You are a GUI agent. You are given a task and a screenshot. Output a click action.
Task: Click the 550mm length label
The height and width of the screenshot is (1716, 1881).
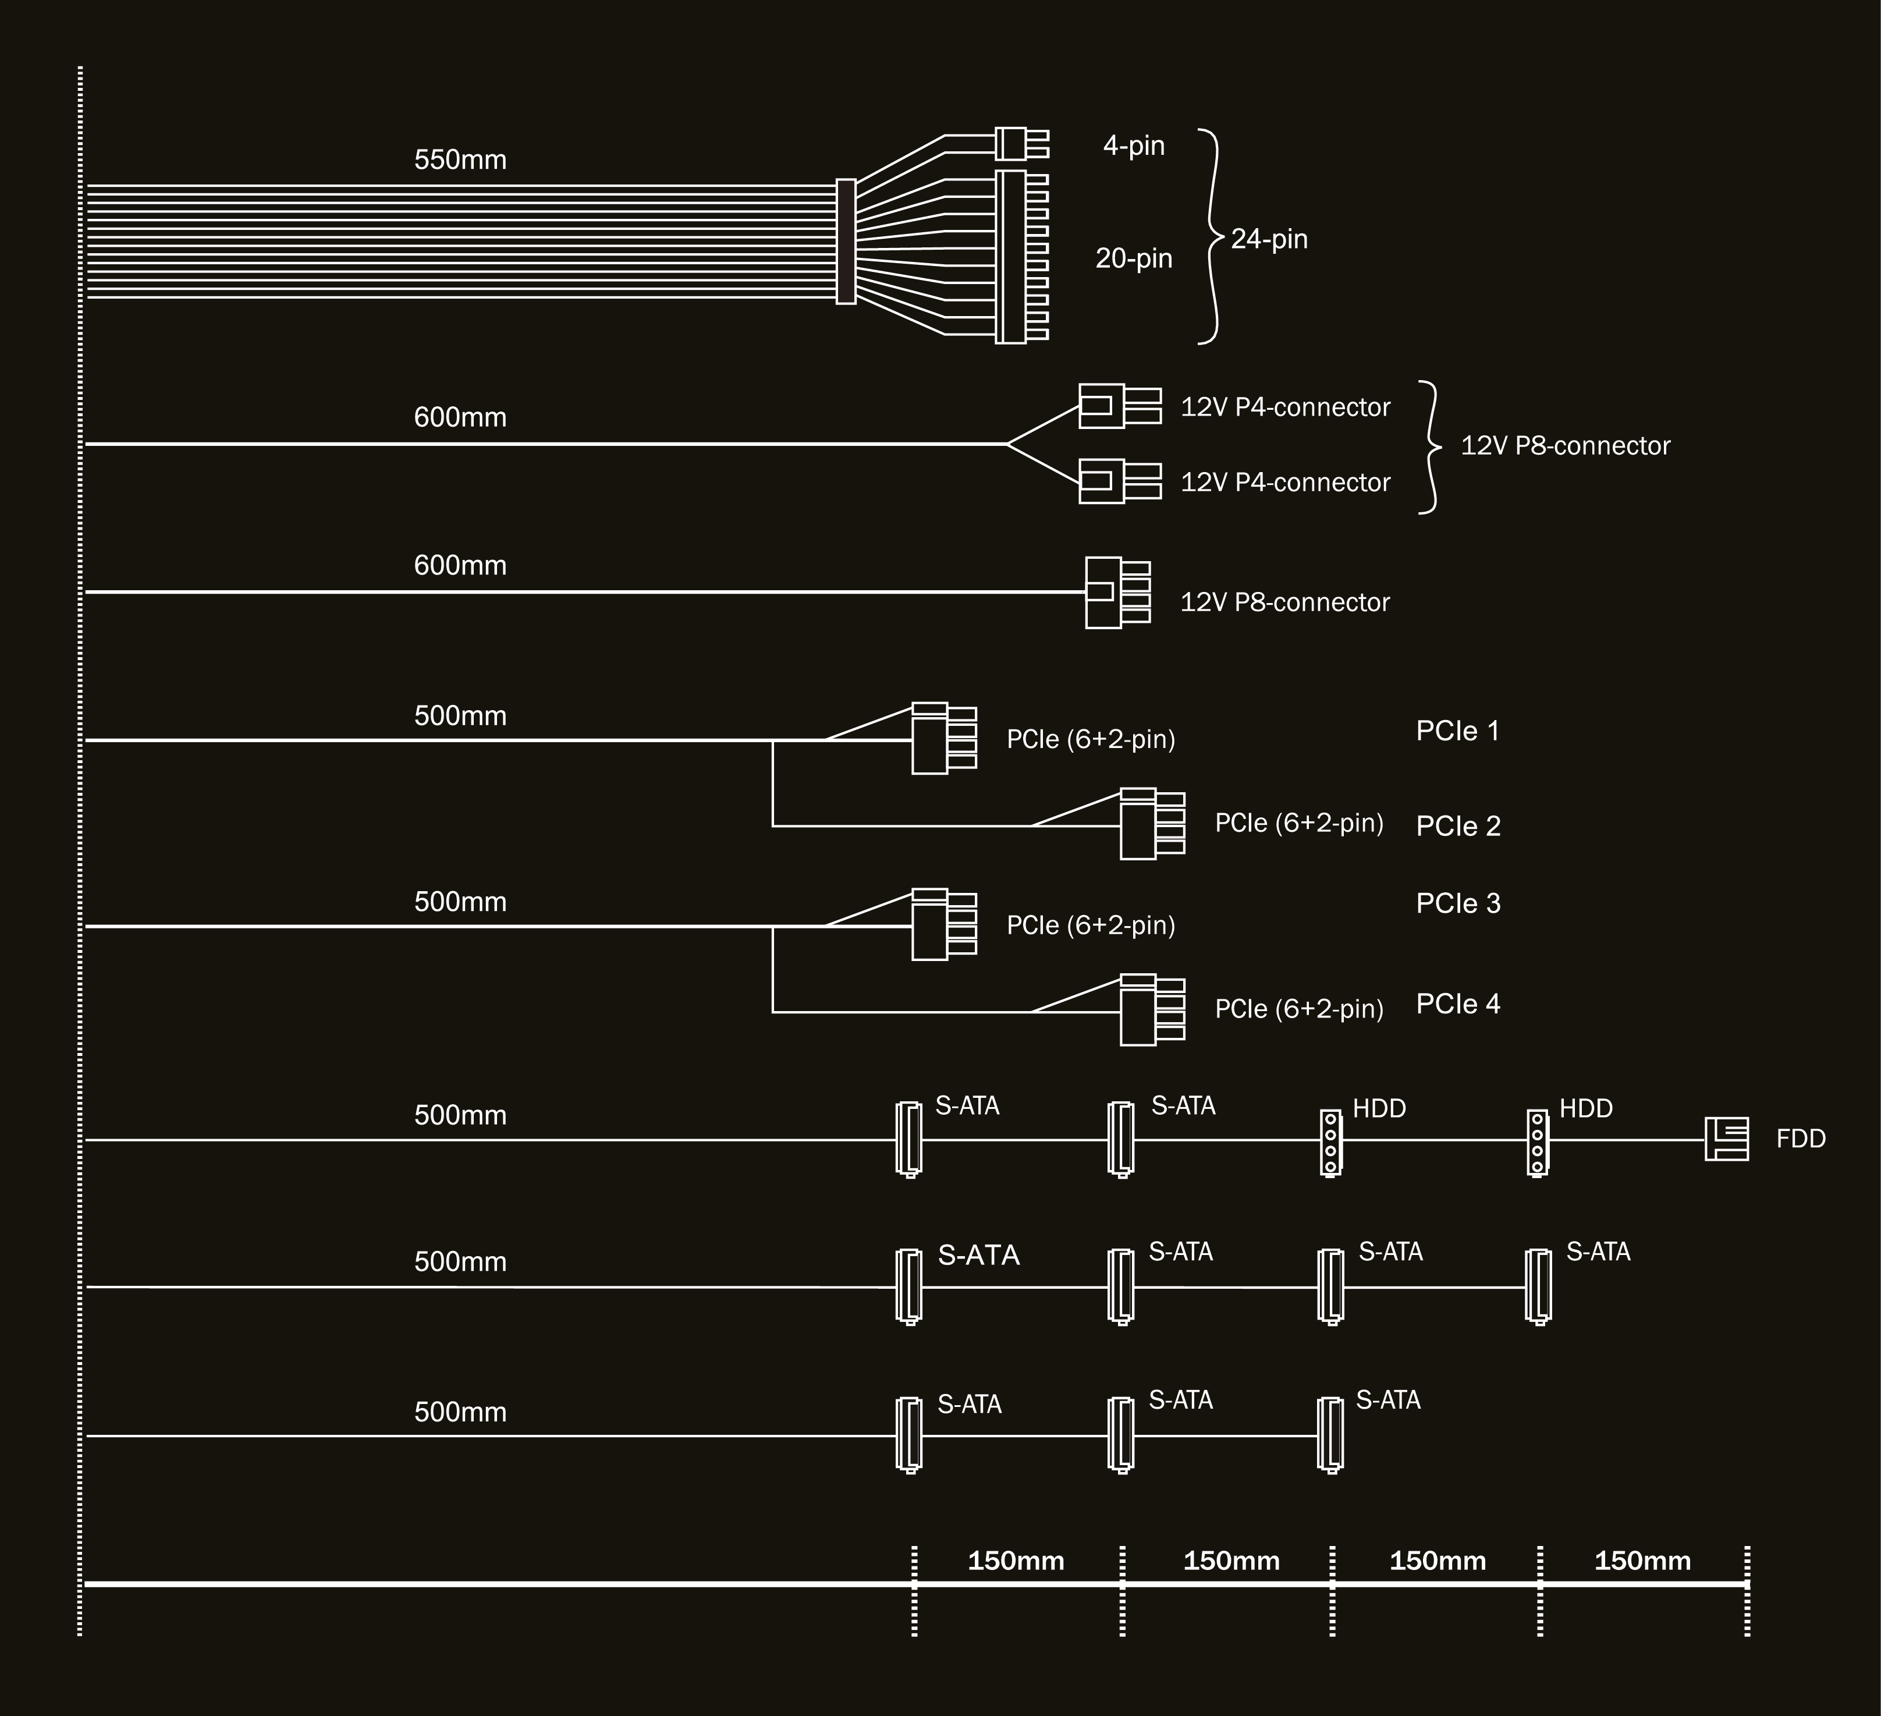click(x=460, y=159)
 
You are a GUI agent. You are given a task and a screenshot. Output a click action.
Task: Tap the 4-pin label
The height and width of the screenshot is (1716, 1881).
click(x=1134, y=146)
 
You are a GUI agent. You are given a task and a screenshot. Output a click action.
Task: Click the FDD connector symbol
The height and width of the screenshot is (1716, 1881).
click(x=1726, y=1139)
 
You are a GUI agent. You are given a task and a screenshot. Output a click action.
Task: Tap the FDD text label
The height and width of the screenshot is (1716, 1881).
click(x=1801, y=1139)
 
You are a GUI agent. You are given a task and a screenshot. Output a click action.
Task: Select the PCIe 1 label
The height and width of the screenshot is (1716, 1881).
click(x=1457, y=731)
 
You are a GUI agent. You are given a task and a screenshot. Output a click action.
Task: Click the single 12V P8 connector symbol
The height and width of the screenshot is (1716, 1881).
click(x=1117, y=593)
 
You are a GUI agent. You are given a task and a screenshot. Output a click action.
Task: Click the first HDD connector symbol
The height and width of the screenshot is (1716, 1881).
click(x=1330, y=1141)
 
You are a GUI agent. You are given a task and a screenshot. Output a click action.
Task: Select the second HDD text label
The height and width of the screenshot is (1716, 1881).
click(x=1586, y=1108)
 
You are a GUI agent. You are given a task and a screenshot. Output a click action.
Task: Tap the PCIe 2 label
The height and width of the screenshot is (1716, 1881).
click(x=1457, y=826)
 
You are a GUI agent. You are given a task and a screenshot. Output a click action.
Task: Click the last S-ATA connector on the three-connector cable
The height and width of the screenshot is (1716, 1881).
click(x=1330, y=1435)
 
